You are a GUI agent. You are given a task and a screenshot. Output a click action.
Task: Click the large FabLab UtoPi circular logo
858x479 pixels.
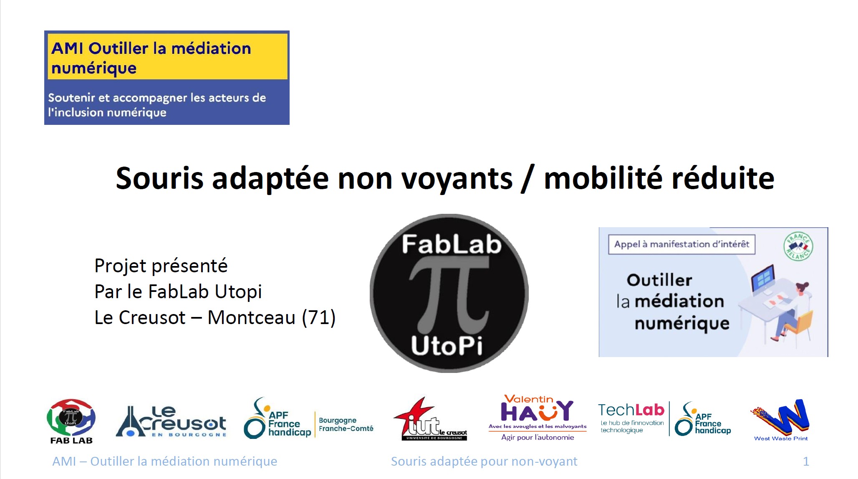[x=449, y=293]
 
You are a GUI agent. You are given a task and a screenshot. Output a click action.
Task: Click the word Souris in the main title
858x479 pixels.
[x=159, y=178]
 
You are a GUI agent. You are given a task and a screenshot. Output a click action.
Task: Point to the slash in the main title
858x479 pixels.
[x=527, y=179]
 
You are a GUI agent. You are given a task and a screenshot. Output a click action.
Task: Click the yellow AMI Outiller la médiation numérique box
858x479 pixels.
[x=167, y=57]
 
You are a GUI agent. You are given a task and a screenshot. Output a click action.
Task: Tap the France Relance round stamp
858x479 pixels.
[x=798, y=247]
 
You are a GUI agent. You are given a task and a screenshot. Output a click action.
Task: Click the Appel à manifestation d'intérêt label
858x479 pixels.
[x=681, y=244]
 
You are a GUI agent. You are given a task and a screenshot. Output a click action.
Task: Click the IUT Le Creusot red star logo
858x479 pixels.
[x=430, y=419]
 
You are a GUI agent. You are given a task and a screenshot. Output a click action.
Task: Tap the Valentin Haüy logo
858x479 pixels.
[x=538, y=418]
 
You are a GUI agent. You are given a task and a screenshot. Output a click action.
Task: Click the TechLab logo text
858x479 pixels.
[x=631, y=410]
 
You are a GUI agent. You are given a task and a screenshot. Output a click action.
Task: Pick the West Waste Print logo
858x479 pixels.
[x=781, y=420]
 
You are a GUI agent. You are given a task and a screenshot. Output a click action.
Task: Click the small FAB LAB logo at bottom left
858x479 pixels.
[x=71, y=421]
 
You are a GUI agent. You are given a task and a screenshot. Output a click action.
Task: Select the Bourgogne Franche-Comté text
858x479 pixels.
[x=346, y=424]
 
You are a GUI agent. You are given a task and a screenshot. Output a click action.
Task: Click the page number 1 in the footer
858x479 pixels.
[x=806, y=461]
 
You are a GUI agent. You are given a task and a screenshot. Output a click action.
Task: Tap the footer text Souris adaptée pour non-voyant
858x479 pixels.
[x=484, y=461]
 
